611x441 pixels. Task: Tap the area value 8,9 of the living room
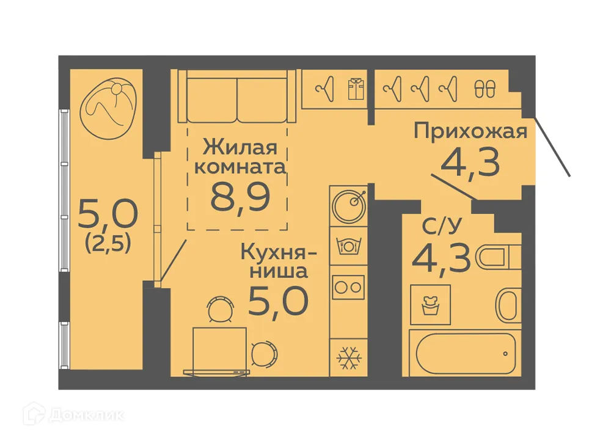pos(241,196)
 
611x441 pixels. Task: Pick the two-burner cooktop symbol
pos(348,286)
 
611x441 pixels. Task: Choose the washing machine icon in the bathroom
pos(431,304)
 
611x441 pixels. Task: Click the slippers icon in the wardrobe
pos(486,90)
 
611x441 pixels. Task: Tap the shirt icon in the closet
pos(355,89)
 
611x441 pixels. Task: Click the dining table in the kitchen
pos(219,349)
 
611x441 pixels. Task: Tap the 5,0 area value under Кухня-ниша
pos(277,299)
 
